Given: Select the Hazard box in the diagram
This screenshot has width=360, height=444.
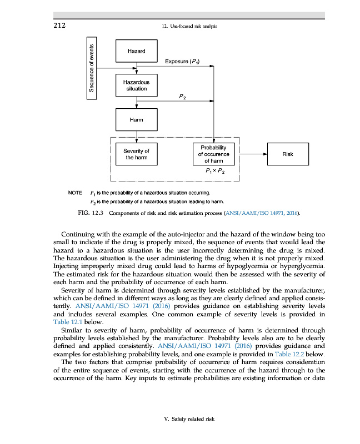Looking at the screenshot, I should (x=136, y=51).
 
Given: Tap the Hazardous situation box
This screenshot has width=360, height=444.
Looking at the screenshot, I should (x=136, y=85).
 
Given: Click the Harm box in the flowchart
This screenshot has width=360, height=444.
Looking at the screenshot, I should (x=136, y=119).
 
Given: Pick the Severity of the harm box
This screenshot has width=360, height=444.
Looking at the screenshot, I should (x=136, y=154).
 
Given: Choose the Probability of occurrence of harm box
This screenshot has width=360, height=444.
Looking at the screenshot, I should (x=213, y=154).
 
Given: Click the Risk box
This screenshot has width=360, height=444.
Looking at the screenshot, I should (x=287, y=154).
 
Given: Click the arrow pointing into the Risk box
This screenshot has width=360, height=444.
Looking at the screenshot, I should (x=256, y=154).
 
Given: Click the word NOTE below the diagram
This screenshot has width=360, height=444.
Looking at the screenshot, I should (x=74, y=193).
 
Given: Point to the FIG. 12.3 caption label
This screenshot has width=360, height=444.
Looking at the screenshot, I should (x=90, y=213).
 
